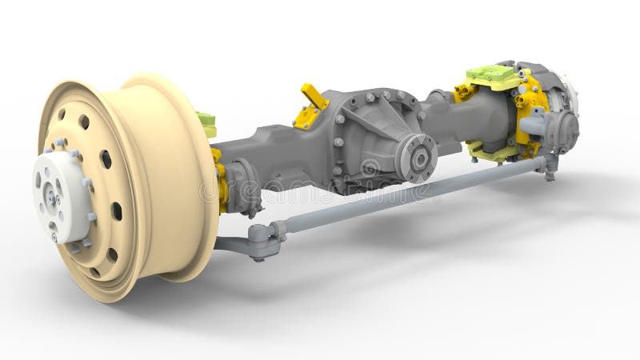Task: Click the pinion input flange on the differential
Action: pyautogui.click(x=418, y=156)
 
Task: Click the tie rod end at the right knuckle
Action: pyautogui.click(x=548, y=165)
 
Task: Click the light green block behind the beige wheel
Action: pyautogui.click(x=207, y=124)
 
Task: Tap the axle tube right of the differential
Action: pyautogui.click(x=456, y=120)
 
